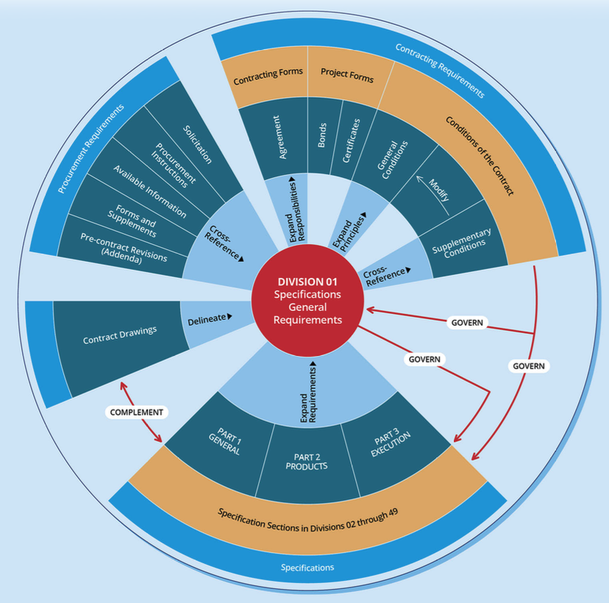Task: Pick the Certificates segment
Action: click(x=354, y=138)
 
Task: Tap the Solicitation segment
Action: click(x=197, y=144)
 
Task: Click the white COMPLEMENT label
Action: click(x=137, y=412)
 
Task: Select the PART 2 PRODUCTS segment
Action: click(x=307, y=461)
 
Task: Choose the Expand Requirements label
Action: click(x=309, y=393)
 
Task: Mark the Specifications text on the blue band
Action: click(x=307, y=567)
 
